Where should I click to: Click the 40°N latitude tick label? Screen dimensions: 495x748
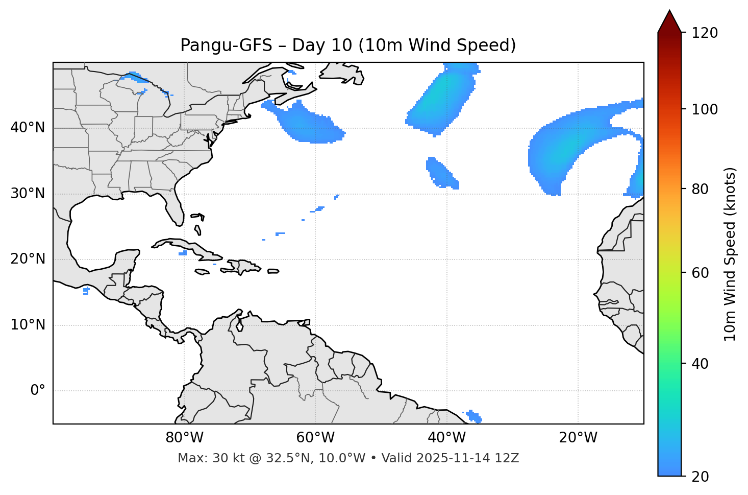click(x=28, y=128)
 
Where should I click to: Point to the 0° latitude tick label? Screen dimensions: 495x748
click(x=37, y=391)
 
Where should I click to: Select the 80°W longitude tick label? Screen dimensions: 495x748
click(x=184, y=438)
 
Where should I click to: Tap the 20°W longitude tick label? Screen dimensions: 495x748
click(x=578, y=438)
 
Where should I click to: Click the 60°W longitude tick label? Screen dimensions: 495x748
click(x=315, y=438)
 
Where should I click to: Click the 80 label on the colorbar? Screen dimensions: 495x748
click(x=703, y=189)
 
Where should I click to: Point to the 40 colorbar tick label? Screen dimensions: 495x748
click(x=703, y=364)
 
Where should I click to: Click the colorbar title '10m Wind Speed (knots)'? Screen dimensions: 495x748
click(x=730, y=254)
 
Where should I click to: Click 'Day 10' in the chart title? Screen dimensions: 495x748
click(x=322, y=45)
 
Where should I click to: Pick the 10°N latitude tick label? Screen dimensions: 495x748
click(x=28, y=325)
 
